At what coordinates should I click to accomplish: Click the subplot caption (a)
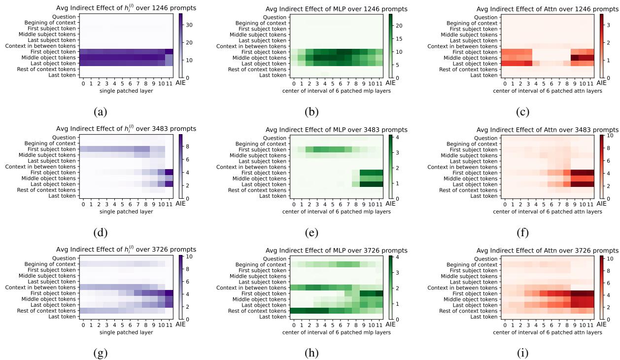101,111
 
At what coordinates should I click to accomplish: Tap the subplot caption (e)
311,232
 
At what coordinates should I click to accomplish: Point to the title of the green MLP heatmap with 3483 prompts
336,130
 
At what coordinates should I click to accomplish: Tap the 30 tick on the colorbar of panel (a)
187,24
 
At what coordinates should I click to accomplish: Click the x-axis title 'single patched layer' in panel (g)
128,332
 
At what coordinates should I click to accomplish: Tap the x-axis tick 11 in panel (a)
169,84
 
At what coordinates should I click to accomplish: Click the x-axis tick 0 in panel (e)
294,205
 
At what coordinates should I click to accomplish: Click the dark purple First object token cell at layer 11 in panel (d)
169,173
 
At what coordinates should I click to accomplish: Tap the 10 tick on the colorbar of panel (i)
608,258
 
